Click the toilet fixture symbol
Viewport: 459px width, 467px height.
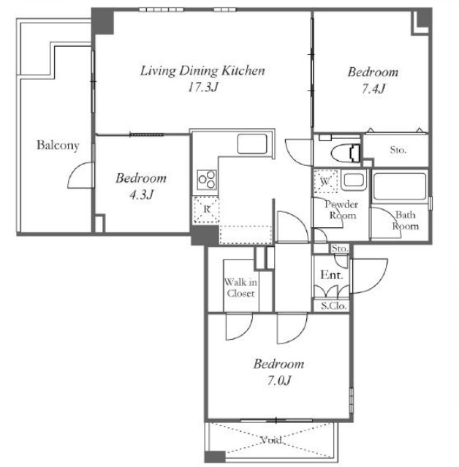tap(346, 153)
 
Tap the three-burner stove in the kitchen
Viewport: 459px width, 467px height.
tap(207, 180)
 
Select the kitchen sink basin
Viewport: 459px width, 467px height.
tap(252, 144)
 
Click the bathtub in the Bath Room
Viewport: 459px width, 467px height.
tap(399, 187)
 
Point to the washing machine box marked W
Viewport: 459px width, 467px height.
tap(325, 181)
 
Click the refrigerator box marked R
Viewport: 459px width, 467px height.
tap(206, 210)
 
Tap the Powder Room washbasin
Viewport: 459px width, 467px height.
tap(354, 181)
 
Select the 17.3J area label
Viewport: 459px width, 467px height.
tap(203, 87)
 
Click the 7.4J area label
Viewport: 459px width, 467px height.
tap(373, 88)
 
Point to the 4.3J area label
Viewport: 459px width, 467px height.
tap(141, 195)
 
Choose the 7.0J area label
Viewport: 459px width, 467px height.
tap(278, 381)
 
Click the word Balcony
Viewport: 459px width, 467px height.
tap(58, 145)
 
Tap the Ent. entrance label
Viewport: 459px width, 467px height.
tap(332, 275)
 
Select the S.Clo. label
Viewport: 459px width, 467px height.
tap(334, 306)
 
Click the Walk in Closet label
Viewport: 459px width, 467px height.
tap(240, 288)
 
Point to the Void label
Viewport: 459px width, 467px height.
tap(271, 440)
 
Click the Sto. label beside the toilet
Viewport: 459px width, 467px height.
tap(398, 150)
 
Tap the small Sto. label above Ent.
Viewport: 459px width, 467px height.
tap(340, 248)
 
